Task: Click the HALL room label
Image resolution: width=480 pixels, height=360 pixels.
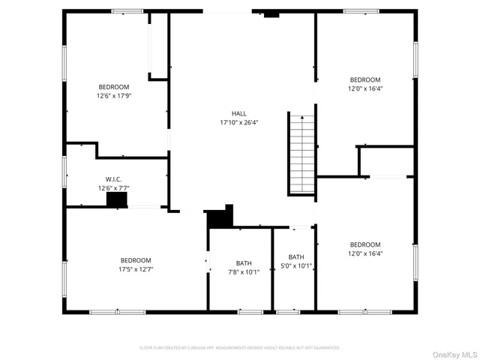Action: tap(238, 113)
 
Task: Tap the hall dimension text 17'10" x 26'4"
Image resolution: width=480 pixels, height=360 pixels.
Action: tap(238, 122)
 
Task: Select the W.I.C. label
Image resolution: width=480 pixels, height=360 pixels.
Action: tap(113, 179)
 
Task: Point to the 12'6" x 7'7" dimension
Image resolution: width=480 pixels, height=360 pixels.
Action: tap(113, 188)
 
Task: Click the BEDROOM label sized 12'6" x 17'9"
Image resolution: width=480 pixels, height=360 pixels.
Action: tap(113, 86)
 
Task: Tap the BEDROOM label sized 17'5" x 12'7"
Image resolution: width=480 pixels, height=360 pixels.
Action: tap(135, 260)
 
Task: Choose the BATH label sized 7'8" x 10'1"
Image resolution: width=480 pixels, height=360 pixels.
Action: tap(244, 263)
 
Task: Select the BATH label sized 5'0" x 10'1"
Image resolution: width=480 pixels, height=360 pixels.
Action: tap(296, 256)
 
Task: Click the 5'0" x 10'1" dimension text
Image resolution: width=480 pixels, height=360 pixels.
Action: tap(296, 265)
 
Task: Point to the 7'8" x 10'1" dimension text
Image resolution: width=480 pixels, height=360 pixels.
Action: tap(244, 272)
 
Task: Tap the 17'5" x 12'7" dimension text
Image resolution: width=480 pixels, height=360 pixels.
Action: tap(135, 269)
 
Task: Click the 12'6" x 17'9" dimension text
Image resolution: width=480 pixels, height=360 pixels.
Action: tap(113, 96)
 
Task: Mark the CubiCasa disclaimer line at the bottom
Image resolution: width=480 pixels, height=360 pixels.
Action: tap(240, 347)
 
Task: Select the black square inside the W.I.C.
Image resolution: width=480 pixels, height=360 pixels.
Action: tap(117, 199)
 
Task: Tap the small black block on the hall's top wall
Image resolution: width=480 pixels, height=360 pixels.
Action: tap(271, 14)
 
